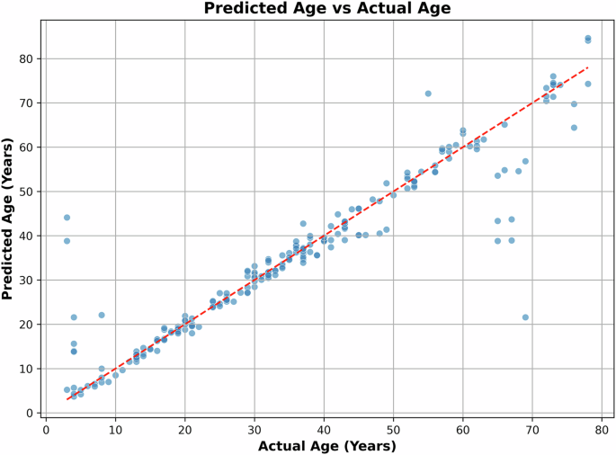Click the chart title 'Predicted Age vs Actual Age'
[x=327, y=9]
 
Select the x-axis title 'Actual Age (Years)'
[x=327, y=445]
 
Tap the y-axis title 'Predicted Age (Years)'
[x=10, y=219]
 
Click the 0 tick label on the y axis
[x=31, y=413]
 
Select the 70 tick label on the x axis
[x=532, y=429]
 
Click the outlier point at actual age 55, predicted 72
[x=428, y=94]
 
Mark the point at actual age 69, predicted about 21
[x=525, y=317]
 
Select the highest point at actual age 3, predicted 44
[x=67, y=218]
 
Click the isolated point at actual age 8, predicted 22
[x=102, y=315]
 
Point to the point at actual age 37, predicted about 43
[x=303, y=224]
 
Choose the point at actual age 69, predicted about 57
[x=525, y=162]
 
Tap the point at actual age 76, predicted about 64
[x=574, y=128]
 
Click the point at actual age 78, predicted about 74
[x=588, y=84]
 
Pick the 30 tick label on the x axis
[x=254, y=429]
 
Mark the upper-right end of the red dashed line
[x=588, y=67]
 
